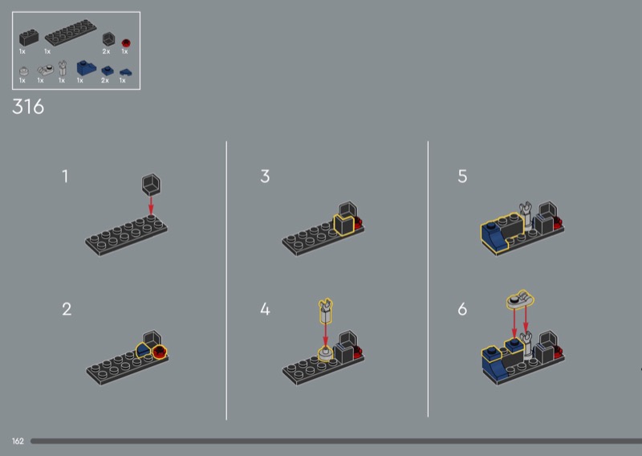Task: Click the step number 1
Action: [x=65, y=177]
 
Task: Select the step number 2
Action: [x=67, y=309]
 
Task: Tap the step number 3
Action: [x=265, y=177]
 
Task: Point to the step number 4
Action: [x=265, y=309]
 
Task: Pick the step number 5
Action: [x=462, y=177]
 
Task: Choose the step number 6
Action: [x=462, y=309]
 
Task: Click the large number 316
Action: [x=28, y=107]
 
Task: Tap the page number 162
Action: [x=18, y=442]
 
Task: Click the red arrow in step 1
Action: [x=151, y=206]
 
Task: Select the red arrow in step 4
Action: [x=326, y=335]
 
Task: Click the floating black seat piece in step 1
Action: [x=151, y=185]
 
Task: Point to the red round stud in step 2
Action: [x=160, y=351]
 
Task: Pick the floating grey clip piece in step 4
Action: [x=326, y=311]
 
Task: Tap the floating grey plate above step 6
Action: [x=520, y=299]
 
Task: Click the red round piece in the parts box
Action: [x=126, y=43]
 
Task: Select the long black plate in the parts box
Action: [x=71, y=32]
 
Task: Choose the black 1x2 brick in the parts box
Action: [x=29, y=37]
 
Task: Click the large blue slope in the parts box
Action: [x=86, y=68]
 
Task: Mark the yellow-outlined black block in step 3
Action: [x=344, y=225]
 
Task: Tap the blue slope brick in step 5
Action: [x=493, y=235]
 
